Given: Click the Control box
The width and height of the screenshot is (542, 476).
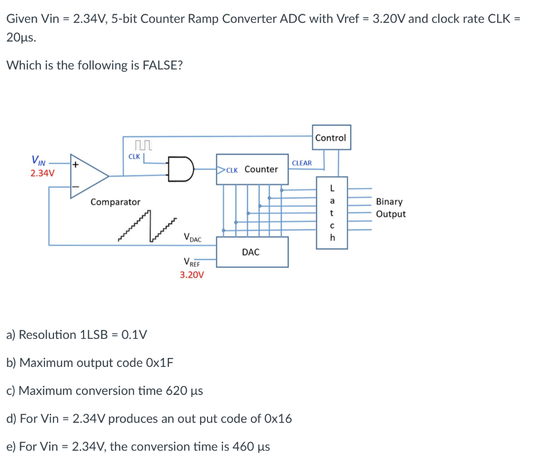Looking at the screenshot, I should pos(330,138).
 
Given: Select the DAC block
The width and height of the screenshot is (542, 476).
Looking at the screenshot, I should pos(252,252).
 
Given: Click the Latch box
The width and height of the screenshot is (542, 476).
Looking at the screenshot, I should pos(332,212).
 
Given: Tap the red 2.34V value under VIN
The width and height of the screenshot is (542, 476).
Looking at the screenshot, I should pos(42,173).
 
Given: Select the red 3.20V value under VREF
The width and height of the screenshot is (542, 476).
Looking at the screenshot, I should pos(192,275).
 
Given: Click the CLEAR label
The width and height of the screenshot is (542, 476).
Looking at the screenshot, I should pos(302,163).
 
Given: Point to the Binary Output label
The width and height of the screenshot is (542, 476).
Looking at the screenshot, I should pos(391,208).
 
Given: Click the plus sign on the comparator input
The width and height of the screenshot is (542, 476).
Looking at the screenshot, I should pos(76,165).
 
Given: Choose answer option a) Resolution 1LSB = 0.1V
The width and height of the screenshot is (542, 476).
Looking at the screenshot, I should pos(77,335).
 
